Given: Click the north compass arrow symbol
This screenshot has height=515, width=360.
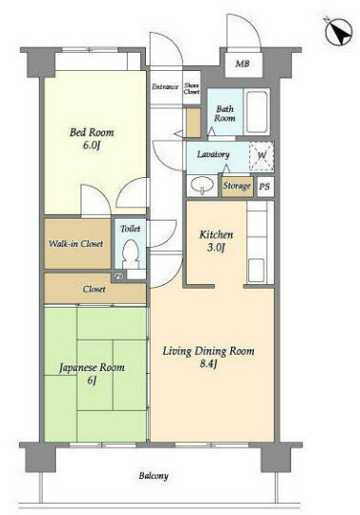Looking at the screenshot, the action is (338, 32).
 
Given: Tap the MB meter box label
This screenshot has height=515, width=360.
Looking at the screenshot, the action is (243, 63).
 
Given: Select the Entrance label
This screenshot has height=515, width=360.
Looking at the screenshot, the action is (165, 87).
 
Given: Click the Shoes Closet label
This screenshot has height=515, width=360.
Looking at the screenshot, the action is (191, 89).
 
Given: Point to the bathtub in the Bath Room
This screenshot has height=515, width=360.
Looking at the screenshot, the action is (257, 112).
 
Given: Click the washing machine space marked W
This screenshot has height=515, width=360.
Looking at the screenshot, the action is (261, 156).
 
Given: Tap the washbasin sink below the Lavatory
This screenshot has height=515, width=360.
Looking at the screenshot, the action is (202, 186).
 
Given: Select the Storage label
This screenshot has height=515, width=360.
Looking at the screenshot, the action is (237, 186).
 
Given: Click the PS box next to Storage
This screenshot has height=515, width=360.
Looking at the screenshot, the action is (264, 186).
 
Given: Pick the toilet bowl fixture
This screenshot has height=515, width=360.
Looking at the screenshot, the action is (131, 253).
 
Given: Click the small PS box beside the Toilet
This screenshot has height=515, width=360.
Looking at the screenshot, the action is (118, 275).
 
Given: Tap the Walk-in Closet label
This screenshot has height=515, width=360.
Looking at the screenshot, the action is (76, 243).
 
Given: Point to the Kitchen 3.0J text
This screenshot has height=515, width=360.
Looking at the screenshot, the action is (216, 240).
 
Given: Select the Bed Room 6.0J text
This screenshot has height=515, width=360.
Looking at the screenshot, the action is (92, 138).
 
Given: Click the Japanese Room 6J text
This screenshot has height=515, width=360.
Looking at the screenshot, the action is (92, 373).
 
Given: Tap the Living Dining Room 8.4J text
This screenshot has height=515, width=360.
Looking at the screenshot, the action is (208, 357).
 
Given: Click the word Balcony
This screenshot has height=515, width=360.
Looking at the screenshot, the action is (153, 476).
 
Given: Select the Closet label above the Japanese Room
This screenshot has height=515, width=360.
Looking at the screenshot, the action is (95, 290).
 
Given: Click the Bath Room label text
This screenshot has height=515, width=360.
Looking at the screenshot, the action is (225, 114).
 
